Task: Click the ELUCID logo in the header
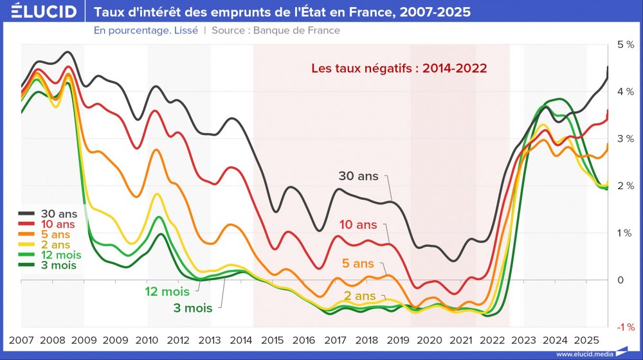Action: tap(39, 12)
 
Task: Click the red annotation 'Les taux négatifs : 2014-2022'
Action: tap(399, 67)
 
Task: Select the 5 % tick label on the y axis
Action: tap(626, 44)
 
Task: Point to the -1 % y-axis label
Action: tap(624, 327)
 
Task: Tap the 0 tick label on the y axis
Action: tap(620, 280)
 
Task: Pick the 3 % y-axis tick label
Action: tap(626, 139)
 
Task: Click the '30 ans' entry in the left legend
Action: tap(59, 213)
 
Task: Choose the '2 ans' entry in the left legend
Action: tap(55, 245)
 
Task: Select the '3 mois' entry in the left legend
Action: tap(58, 265)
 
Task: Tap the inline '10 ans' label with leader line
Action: tap(358, 225)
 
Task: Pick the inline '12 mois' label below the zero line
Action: tap(167, 292)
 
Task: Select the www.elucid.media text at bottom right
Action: tap(584, 354)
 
